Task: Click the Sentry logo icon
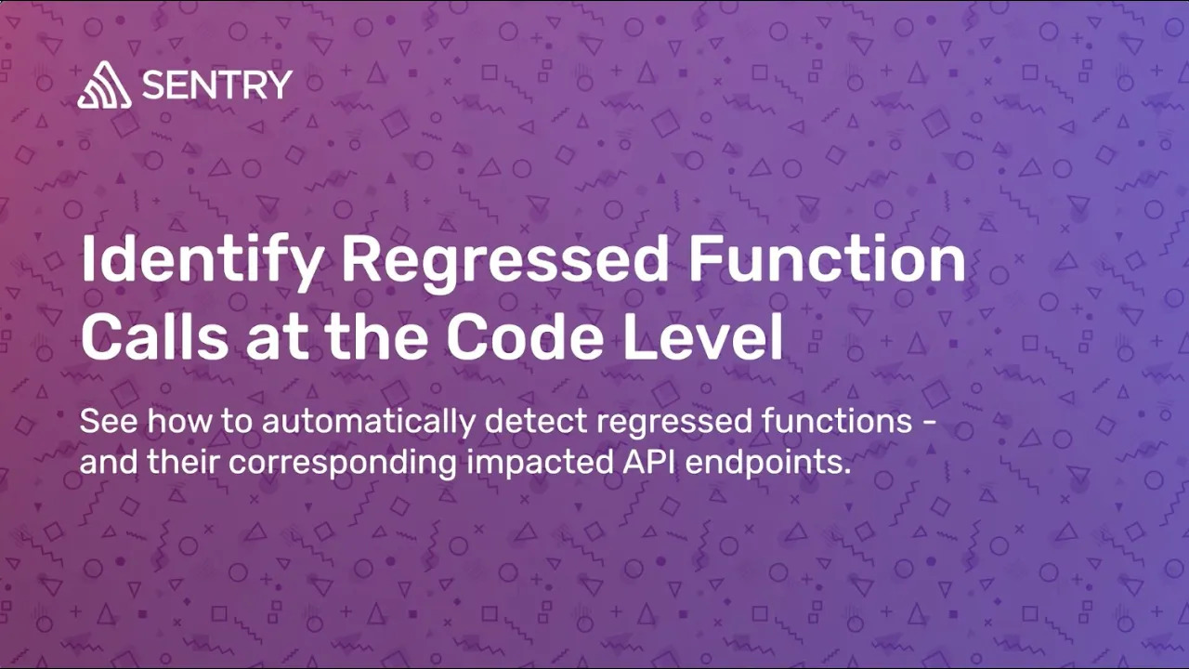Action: (x=104, y=86)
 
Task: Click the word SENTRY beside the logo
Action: (x=216, y=85)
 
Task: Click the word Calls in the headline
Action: (x=154, y=337)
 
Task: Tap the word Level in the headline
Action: (x=703, y=337)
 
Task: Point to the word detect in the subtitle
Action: (x=536, y=422)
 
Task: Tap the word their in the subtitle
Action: (x=185, y=462)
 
